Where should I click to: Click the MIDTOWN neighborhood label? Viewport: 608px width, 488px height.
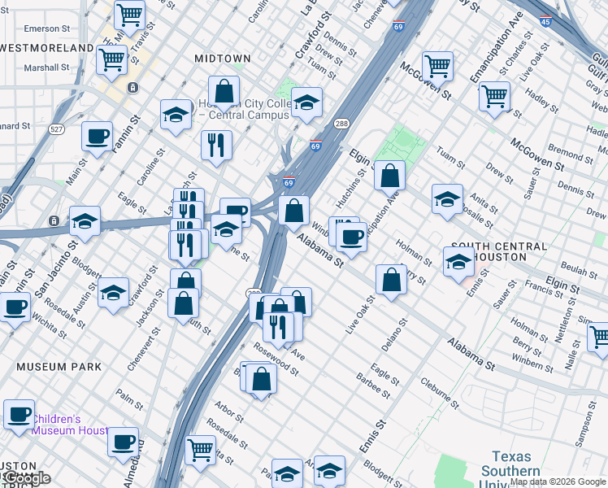(x=222, y=59)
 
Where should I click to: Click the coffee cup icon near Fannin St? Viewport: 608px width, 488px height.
(x=98, y=137)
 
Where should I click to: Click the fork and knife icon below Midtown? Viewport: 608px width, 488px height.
(x=216, y=146)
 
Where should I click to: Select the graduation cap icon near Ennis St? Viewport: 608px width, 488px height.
(x=458, y=262)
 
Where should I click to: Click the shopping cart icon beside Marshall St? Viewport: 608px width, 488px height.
(x=111, y=59)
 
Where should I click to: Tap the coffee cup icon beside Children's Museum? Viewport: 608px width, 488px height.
(x=19, y=413)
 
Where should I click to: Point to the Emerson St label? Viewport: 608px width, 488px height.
(x=42, y=28)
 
